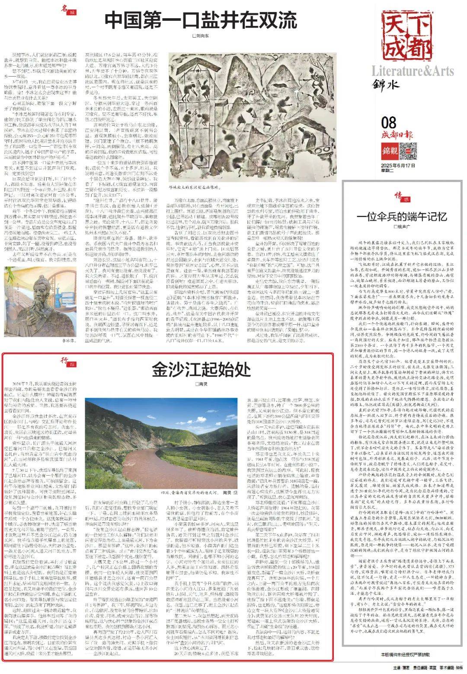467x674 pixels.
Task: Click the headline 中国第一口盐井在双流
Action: point(201,20)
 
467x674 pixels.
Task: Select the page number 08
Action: point(389,123)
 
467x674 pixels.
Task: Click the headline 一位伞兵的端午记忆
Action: point(402,217)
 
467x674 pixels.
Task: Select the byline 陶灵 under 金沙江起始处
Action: point(201,384)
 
